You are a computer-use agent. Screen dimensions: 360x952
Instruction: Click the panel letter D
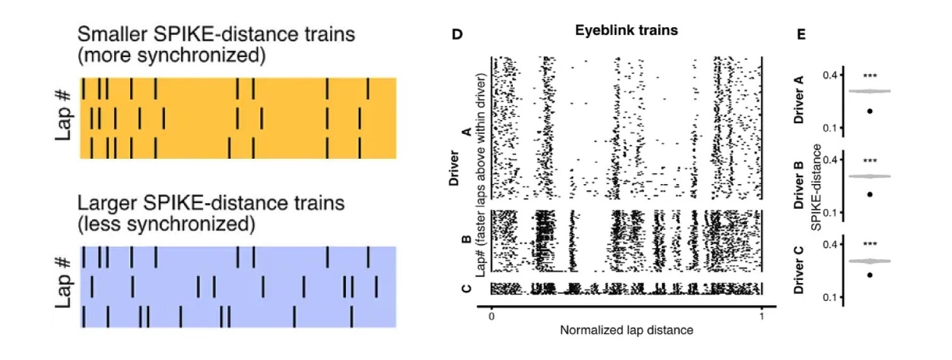(456, 34)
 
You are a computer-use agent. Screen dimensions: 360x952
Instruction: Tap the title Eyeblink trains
(626, 30)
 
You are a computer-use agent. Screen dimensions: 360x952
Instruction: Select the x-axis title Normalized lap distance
(626, 330)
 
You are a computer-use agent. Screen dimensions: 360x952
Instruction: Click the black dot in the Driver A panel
(870, 111)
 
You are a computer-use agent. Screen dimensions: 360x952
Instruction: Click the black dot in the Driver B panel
(870, 194)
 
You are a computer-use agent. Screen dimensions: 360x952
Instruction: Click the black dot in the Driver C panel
(870, 275)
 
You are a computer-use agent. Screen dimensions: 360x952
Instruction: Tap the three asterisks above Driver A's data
(870, 77)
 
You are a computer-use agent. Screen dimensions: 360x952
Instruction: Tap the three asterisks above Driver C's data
(870, 244)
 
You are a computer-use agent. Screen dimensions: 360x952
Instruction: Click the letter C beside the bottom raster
(467, 289)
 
